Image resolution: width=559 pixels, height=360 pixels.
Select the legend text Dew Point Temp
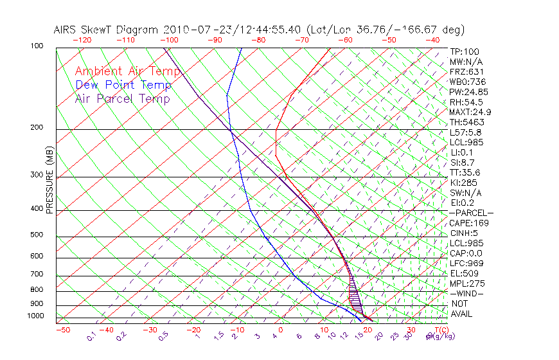[x=123, y=85]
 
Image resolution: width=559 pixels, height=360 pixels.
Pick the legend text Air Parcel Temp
[x=122, y=98]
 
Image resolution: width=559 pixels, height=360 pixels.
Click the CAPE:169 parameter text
[x=469, y=223]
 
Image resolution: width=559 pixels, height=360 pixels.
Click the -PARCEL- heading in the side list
[x=471, y=213]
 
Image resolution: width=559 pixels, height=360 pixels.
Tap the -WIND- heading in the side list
[x=467, y=293]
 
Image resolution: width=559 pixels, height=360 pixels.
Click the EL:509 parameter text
[x=464, y=273]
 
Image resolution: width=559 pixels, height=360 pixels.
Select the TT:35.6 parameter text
[x=465, y=172]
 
